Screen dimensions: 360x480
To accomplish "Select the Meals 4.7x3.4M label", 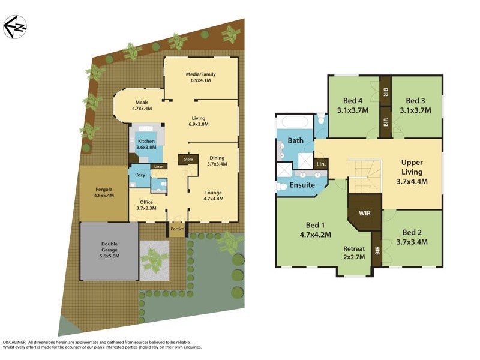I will click(142, 106).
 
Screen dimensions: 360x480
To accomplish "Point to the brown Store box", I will click(188, 160).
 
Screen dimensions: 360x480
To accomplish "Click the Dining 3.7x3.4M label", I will click(217, 160).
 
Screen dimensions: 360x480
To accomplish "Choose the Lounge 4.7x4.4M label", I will click(213, 195).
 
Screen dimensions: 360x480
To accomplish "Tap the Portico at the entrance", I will click(177, 229).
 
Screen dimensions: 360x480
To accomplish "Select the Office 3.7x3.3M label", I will click(146, 205).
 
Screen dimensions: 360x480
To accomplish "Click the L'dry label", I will click(140, 175).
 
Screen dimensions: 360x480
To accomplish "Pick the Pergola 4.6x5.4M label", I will click(103, 193).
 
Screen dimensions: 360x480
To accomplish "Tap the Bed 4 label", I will click(352, 106).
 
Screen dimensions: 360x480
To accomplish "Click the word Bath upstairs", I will click(296, 141).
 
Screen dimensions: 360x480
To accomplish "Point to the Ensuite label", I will click(302, 185).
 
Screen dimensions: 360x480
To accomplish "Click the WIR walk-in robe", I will click(364, 213).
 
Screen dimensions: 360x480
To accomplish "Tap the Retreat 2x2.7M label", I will click(354, 253).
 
